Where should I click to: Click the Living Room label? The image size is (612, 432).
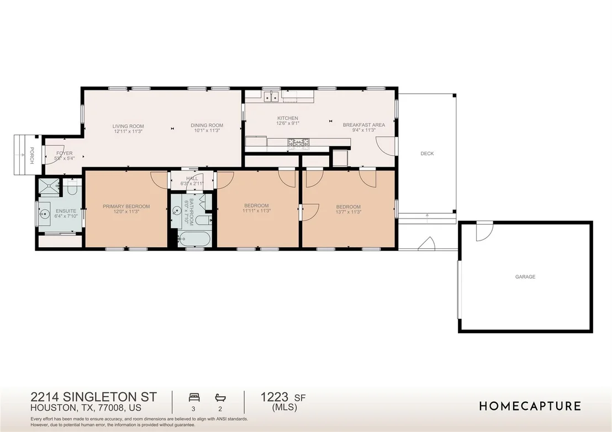(128, 126)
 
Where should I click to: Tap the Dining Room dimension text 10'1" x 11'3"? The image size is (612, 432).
(207, 131)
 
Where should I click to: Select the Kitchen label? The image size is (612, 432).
(288, 118)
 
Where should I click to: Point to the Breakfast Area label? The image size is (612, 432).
(364, 125)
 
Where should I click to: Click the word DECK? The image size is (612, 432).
(427, 153)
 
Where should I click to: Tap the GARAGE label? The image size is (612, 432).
(525, 277)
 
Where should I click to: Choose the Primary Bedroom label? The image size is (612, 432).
(126, 207)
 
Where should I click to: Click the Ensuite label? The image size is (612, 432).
(65, 211)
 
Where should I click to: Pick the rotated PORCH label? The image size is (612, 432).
(32, 156)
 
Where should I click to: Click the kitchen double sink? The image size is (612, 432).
(271, 96)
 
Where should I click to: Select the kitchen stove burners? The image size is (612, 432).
(298, 143)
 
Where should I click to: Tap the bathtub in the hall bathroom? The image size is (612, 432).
(194, 239)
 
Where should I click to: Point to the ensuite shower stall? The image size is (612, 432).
(49, 186)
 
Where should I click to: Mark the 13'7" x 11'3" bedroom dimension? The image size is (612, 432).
(348, 212)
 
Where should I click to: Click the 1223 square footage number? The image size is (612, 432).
(275, 397)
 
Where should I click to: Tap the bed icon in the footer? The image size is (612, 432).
(194, 398)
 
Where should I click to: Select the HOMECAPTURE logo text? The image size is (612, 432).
(530, 406)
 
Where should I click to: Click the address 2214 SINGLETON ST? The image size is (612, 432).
(94, 397)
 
